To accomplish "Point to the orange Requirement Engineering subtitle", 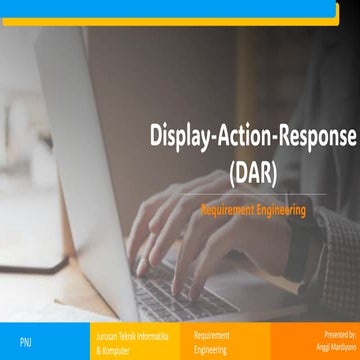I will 252,210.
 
